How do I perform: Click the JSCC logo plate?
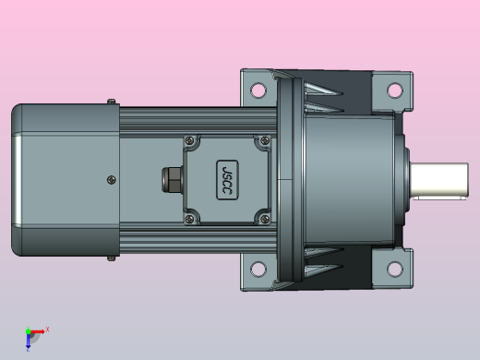coord(227,180)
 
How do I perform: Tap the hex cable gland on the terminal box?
coord(173,180)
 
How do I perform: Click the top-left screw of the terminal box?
coord(190,140)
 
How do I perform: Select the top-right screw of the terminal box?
coord(265,140)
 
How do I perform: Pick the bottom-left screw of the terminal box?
coord(190,219)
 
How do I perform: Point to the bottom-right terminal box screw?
coord(265,219)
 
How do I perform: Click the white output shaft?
coord(439,181)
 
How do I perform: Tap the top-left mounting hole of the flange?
coord(258,90)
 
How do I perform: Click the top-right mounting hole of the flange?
coord(395,90)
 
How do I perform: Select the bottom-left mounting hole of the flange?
coord(258,269)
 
